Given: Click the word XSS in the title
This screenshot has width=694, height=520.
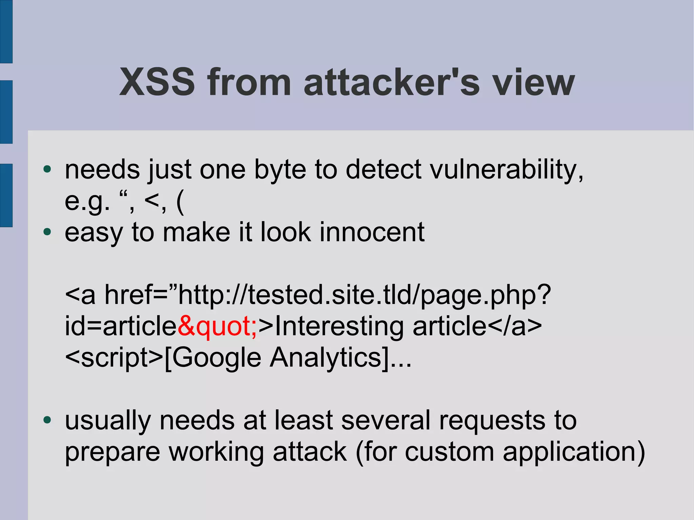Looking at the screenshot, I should pyautogui.click(x=158, y=82).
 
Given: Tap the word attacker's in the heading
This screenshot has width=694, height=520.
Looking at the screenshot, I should pyautogui.click(x=391, y=82).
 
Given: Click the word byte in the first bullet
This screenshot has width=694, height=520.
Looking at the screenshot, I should pyautogui.click(x=280, y=169).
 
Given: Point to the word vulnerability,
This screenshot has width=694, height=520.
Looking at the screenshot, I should pyautogui.click(x=507, y=169).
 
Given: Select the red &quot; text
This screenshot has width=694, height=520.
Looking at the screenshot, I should pyautogui.click(x=217, y=326).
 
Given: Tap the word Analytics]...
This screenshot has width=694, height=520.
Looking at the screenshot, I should pyautogui.click(x=340, y=358).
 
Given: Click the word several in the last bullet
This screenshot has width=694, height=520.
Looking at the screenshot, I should pyautogui.click(x=386, y=420).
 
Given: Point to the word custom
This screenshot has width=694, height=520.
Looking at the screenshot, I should pyautogui.click(x=449, y=452).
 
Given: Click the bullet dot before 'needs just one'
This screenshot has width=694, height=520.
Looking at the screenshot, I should pyautogui.click(x=47, y=169).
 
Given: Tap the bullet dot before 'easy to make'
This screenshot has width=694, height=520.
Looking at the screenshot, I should pyautogui.click(x=47, y=232).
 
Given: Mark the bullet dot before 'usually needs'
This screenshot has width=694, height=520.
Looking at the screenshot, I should pyautogui.click(x=47, y=420).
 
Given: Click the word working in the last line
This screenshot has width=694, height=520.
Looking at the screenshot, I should pyautogui.click(x=216, y=452).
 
